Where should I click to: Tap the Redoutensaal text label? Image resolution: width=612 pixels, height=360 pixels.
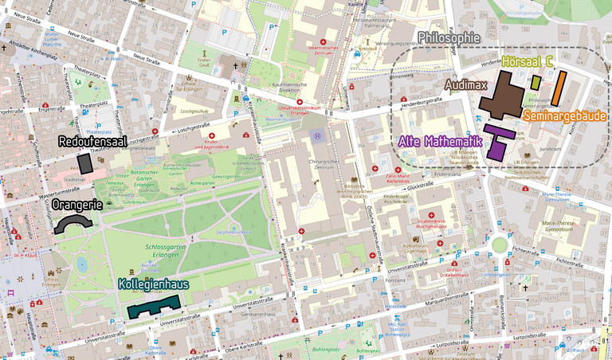click(x=93, y=142)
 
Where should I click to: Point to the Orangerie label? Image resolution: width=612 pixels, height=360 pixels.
click(x=76, y=205)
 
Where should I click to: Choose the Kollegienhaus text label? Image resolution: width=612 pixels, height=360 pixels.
click(x=153, y=284)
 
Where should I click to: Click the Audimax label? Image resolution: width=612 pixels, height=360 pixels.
click(x=465, y=83)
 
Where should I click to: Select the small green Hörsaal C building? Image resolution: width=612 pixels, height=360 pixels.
click(x=536, y=82)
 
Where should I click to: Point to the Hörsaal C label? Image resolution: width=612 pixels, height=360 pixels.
click(x=528, y=61)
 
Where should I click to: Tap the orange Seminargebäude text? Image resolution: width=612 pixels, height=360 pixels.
click(x=565, y=116)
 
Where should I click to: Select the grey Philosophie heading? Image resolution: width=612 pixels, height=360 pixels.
click(x=449, y=37)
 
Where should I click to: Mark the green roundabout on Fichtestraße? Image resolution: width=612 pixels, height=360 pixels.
click(x=500, y=245)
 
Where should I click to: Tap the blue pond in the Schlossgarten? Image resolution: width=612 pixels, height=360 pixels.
click(x=80, y=264)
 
